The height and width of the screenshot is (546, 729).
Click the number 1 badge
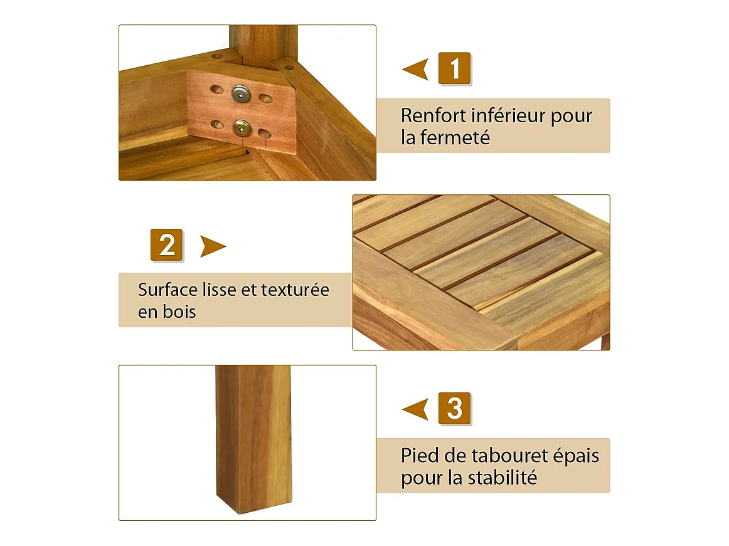pos(455,68)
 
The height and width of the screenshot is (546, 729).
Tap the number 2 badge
pos(166,245)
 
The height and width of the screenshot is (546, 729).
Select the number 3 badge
pos(455,409)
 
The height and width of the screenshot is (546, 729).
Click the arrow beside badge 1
pos(415,69)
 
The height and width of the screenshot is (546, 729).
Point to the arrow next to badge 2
pos(213,246)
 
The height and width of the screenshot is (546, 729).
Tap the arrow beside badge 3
pos(415,409)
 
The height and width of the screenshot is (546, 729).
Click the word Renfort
pos(434,116)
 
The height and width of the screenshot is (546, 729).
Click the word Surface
pos(168,290)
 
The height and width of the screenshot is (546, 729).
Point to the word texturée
pos(295,290)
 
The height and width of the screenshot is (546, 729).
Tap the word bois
pos(179,312)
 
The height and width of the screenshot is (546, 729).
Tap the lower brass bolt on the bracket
pos(242,129)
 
